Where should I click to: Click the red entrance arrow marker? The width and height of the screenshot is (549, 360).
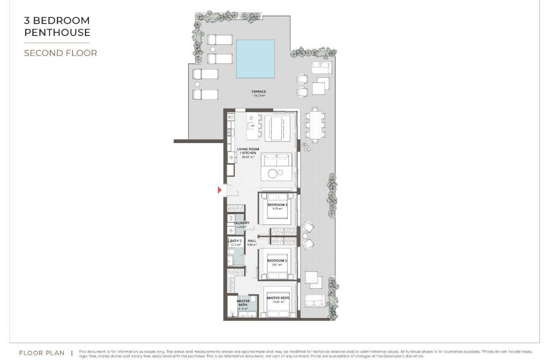tap(220, 190)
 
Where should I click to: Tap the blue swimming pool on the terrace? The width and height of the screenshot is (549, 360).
tap(255, 59)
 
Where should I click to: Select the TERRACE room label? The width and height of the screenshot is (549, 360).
tap(258, 92)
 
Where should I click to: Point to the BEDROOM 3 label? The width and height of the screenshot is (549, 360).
tap(277, 205)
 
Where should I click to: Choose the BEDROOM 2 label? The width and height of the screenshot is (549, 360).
tap(277, 261)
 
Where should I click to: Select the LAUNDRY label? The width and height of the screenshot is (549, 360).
tap(242, 223)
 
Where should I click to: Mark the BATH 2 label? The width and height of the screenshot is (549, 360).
tap(235, 241)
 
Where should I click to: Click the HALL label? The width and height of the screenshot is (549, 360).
tap(252, 241)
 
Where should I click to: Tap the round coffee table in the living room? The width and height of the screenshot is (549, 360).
tap(273, 174)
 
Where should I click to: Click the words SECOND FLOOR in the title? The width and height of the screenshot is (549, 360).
tap(61, 53)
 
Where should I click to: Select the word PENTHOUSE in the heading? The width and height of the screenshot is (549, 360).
tap(57, 32)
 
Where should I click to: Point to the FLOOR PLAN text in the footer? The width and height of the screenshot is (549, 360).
tap(42, 353)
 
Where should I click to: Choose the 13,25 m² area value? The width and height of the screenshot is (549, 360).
tap(278, 302)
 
